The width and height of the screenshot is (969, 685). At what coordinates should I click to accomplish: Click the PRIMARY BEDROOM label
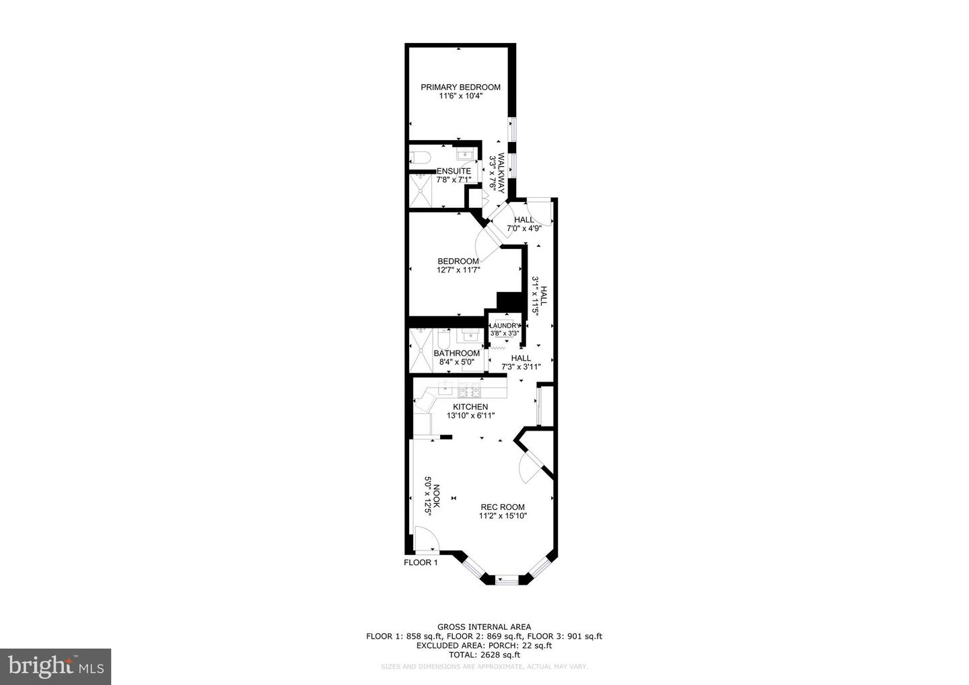(460, 87)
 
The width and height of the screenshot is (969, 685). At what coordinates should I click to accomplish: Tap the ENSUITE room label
(454, 171)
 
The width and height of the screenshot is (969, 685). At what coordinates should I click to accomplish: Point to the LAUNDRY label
(505, 326)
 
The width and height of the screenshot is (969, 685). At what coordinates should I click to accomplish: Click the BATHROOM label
(456, 353)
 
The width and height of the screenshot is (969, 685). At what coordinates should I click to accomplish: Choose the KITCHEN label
(470, 407)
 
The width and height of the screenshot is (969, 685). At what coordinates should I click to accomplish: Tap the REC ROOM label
(502, 507)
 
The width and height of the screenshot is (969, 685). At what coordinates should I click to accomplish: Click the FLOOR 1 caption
(421, 563)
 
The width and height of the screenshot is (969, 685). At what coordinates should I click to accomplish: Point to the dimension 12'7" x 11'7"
(458, 271)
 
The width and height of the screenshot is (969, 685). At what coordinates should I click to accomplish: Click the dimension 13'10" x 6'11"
(470, 416)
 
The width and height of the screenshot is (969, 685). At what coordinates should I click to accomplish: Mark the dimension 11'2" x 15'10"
(502, 516)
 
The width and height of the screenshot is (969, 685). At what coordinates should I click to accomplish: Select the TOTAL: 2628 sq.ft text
(484, 655)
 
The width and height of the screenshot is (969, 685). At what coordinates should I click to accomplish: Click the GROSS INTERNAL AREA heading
(484, 626)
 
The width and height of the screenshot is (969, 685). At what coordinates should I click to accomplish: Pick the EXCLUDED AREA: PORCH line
(484, 645)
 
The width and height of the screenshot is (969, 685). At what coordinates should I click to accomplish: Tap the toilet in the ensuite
(420, 158)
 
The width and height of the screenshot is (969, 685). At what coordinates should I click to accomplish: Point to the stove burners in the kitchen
(470, 390)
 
